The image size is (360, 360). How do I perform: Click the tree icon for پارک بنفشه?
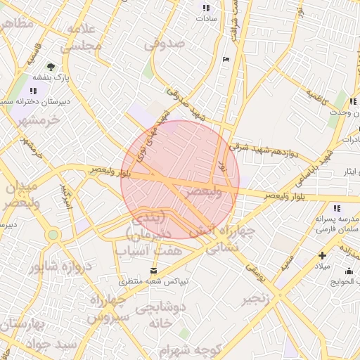(x=50, y=66)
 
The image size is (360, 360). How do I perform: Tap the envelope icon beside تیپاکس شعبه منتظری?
(x=155, y=271)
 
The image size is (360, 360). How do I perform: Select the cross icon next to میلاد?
(x=323, y=256)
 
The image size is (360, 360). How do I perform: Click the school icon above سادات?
(x=206, y=8)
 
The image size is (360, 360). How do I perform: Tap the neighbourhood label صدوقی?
(x=165, y=44)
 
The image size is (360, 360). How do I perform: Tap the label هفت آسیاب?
(x=149, y=250)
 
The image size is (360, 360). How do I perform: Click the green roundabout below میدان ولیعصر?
(x=53, y=235)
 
